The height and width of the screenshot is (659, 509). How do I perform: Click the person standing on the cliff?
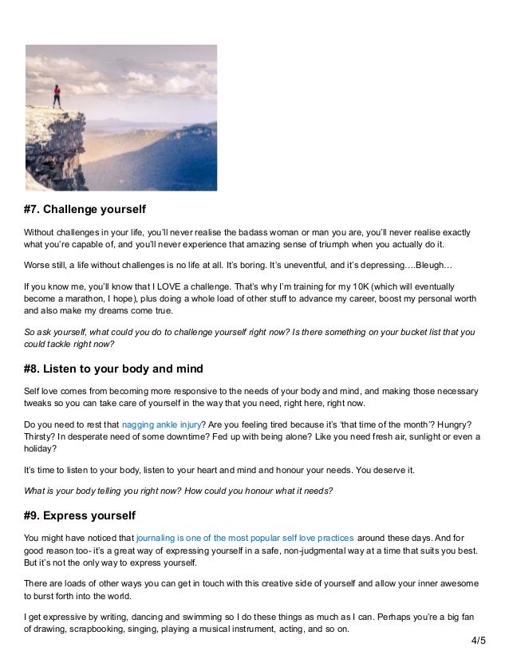point(57,96)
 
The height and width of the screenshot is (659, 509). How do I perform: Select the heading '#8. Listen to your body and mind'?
point(113,369)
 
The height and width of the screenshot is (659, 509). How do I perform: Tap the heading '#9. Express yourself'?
point(80,515)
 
